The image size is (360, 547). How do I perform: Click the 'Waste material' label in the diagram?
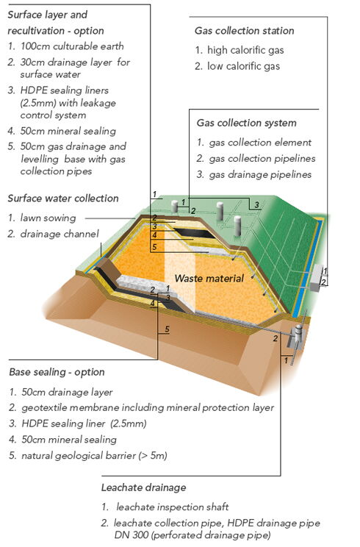point(209,279)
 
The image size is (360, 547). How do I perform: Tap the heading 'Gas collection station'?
point(245,31)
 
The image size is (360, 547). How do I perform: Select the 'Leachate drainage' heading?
point(143,487)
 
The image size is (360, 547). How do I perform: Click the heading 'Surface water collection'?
point(63,199)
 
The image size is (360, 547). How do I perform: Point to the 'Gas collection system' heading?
point(246,123)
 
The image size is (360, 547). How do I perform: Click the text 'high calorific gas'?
point(245,50)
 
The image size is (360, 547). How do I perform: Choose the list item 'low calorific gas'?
point(243,66)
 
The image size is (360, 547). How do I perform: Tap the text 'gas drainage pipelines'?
point(260,174)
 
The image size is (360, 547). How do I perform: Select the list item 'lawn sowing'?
point(48,218)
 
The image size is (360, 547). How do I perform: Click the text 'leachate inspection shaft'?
point(173,507)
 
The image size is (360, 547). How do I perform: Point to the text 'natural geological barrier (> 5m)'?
point(94,456)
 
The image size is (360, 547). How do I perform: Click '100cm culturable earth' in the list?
point(72,46)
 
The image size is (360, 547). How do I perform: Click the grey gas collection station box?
point(317,278)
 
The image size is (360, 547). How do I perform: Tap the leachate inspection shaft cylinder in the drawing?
point(298,334)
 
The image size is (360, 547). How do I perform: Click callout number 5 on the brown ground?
point(167,329)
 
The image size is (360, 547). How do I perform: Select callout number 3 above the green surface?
point(256,205)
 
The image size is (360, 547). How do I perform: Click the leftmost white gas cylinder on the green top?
point(175,207)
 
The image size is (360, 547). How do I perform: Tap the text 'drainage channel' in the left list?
point(60,234)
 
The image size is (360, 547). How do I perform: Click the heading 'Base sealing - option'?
point(57,372)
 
